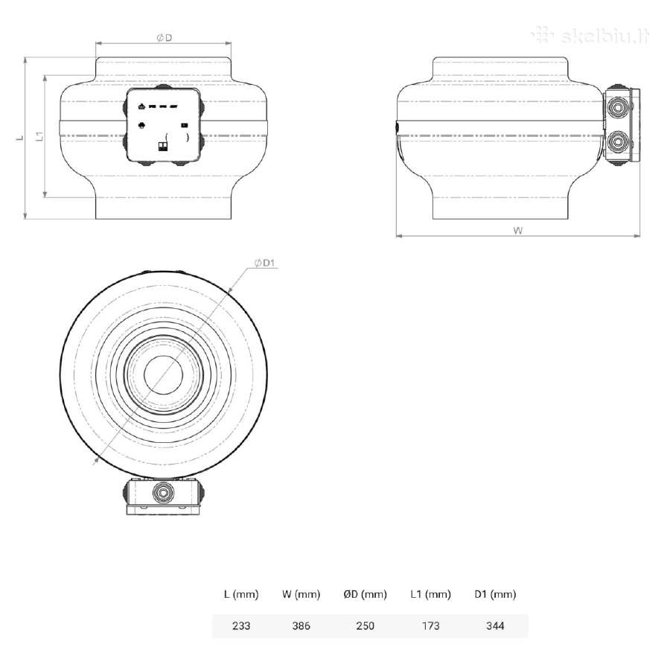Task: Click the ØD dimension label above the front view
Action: click(x=164, y=38)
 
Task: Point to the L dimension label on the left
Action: click(x=19, y=138)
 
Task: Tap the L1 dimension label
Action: click(x=39, y=136)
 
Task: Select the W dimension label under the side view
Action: click(x=518, y=231)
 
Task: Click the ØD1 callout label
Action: click(x=264, y=263)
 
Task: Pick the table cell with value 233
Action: click(x=241, y=625)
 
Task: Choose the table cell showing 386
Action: click(x=301, y=625)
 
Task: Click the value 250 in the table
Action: click(x=365, y=625)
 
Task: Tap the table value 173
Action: click(x=430, y=625)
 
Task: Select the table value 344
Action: click(x=495, y=625)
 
